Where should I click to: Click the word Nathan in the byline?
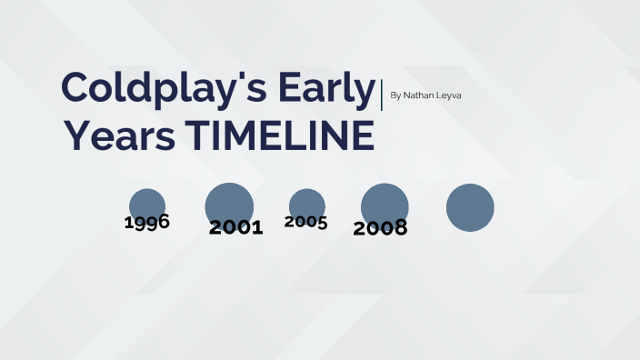(x=419, y=95)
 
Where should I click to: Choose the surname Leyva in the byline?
(x=449, y=95)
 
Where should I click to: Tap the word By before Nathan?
(x=395, y=95)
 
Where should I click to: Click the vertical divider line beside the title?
(x=382, y=95)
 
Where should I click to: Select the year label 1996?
(x=147, y=222)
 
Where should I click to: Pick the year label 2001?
(x=235, y=227)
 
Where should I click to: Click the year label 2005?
(x=305, y=222)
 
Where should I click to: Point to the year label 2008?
(x=380, y=228)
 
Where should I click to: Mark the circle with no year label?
(x=470, y=207)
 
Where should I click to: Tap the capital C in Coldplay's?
(x=76, y=89)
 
